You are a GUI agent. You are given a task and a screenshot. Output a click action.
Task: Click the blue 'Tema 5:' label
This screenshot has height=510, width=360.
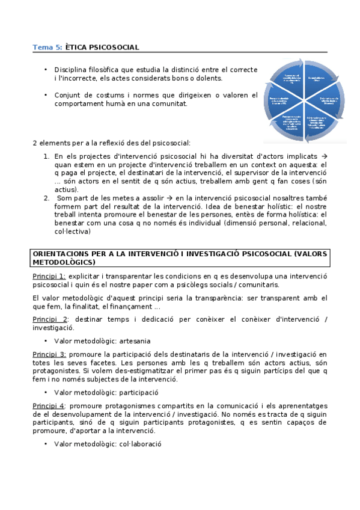pyautogui.click(x=46, y=47)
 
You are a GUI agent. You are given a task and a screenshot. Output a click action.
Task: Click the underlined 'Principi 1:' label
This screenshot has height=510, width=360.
pyautogui.click(x=49, y=275)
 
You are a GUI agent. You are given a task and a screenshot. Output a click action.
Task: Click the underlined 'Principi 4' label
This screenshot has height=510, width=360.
pyautogui.click(x=48, y=406)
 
